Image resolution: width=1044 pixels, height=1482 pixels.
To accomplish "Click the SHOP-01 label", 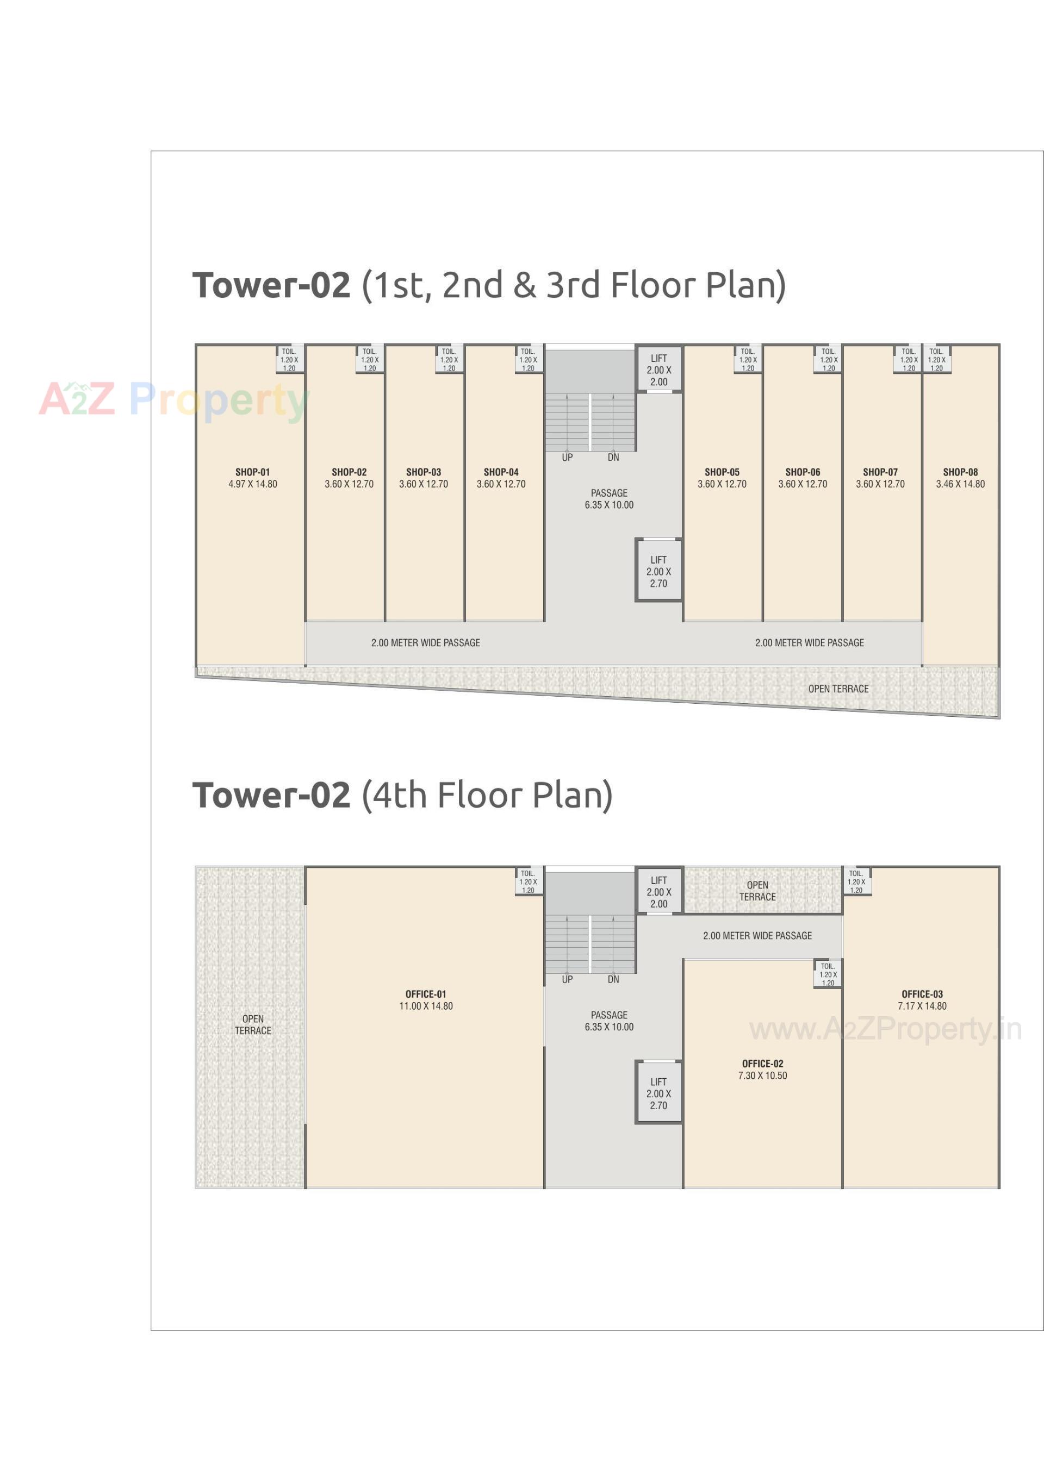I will point(252,472).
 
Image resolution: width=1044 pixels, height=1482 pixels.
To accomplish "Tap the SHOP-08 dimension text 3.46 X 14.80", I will point(960,484).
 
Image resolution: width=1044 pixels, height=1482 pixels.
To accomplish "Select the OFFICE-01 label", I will point(425,994).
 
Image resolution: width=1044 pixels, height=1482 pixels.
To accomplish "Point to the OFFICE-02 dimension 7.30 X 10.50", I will point(762,1075).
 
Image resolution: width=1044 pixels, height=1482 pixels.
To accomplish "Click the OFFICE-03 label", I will point(922,994).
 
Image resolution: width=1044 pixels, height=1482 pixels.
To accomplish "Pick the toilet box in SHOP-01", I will point(289,360).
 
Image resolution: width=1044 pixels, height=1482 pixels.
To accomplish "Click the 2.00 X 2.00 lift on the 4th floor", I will point(658,891).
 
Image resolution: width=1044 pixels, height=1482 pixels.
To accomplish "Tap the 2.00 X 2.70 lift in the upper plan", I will point(658,571).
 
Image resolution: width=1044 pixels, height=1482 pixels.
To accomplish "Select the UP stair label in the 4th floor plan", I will point(567,979).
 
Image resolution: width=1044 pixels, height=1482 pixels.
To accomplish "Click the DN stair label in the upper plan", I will point(613,457).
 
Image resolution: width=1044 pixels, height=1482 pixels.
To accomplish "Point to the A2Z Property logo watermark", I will point(175,400).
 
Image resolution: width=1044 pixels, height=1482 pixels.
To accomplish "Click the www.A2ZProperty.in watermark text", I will point(885,1029).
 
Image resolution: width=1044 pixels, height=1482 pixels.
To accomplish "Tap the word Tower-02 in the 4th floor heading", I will point(271,795).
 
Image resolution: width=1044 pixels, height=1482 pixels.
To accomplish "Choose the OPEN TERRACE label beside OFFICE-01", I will point(252,1024).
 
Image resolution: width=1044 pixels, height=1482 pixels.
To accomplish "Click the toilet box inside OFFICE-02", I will point(828,974).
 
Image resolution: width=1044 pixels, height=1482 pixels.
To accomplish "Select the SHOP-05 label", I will point(722,472).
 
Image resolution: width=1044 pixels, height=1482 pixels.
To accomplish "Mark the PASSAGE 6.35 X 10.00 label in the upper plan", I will point(609,499).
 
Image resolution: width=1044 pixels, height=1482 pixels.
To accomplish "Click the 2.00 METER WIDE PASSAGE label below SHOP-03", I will point(425,643).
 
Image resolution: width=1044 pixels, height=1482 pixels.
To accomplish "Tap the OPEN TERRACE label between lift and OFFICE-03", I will point(757,891).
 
